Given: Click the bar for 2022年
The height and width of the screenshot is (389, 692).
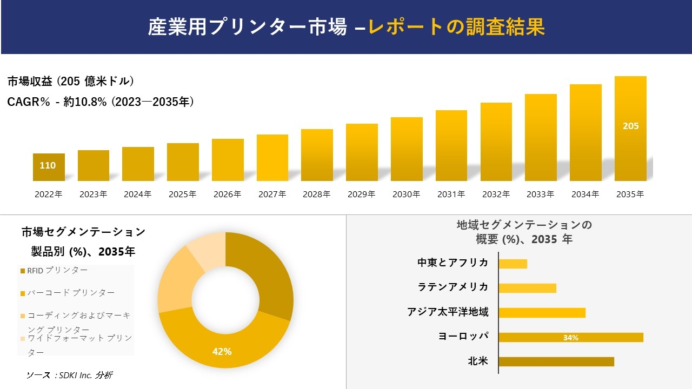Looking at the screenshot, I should coord(49,167).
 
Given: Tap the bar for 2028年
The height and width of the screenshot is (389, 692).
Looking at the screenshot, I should coord(317,156).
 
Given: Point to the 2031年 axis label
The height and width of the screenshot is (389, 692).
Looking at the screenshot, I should coord(451,194).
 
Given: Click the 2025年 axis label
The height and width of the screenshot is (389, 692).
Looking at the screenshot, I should coord(182,194).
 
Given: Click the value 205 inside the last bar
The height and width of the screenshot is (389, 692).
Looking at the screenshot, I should coord(630,126).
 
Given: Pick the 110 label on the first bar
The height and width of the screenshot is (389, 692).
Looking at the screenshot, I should coord(48,165).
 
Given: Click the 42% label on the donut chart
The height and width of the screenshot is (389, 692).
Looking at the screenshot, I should coord(222,352).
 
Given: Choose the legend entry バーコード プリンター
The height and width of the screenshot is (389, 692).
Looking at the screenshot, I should coord(71,293).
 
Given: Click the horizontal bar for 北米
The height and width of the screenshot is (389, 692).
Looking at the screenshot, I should coord(556,361).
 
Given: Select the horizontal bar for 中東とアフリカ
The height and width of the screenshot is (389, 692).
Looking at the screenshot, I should coord(513,264).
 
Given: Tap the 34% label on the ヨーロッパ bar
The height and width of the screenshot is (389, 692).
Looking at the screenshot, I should coord(570,338).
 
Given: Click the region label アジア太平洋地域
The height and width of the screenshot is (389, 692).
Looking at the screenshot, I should coord(448,312).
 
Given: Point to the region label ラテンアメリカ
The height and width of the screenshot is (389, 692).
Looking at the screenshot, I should coord(453,287).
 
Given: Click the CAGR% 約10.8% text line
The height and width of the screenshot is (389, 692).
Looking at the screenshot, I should coord(101,102).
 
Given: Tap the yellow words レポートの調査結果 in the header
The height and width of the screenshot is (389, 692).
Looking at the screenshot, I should coord(456,27).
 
